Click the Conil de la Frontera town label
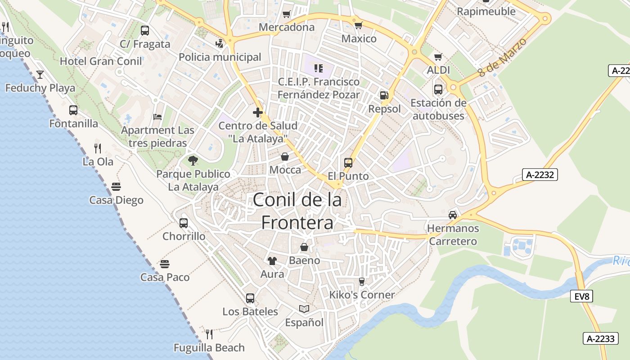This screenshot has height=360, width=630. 297,211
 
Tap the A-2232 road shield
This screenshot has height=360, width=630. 540,175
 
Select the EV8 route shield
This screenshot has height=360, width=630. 582,296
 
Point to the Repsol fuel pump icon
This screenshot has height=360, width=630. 384,95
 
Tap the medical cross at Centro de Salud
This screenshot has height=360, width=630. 257,112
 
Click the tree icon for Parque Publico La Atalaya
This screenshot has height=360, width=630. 193,160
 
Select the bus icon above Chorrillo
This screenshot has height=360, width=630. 184,223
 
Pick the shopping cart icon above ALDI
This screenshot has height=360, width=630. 438,57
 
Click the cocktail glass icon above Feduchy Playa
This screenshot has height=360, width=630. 40,74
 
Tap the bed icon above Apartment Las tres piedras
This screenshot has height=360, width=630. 157,117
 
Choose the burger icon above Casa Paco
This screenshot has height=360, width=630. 165,264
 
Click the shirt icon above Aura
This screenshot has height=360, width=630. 272,261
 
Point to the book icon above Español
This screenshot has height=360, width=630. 304,309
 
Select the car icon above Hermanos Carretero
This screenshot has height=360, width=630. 453,215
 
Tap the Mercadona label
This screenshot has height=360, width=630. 287,27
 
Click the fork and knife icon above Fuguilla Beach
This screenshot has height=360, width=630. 209,334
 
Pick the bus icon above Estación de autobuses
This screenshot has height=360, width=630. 438,89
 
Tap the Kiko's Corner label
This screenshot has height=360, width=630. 362,295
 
